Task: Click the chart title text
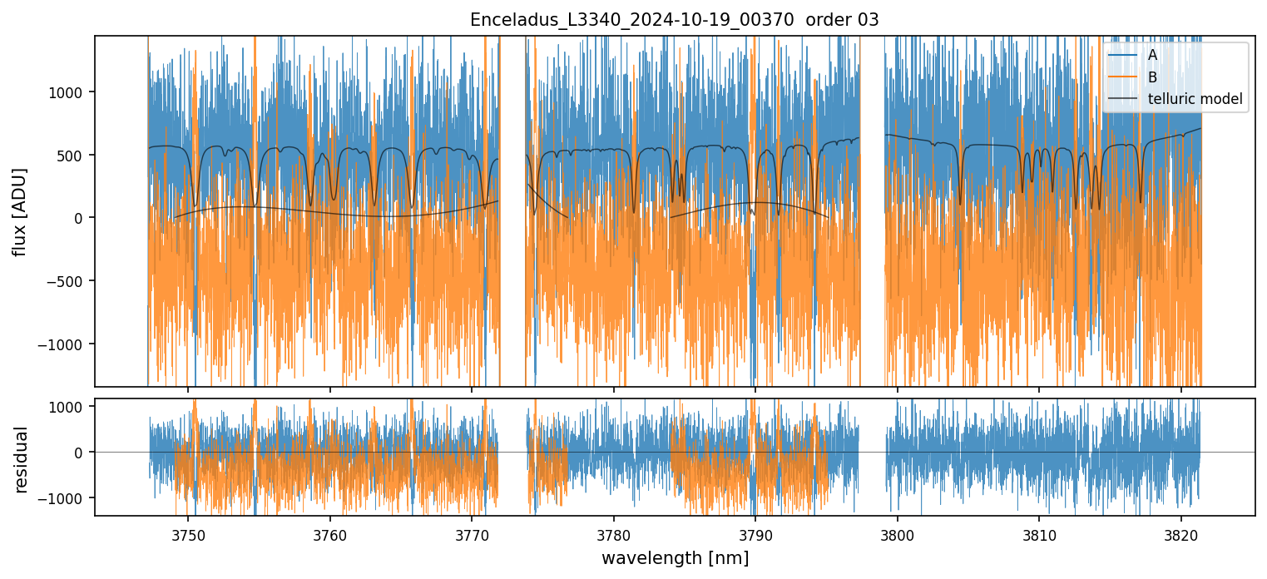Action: (674, 20)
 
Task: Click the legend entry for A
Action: (1152, 55)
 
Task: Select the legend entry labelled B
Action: (1152, 77)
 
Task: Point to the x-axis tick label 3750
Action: (188, 532)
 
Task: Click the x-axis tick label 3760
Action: (330, 532)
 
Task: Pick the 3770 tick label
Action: (472, 532)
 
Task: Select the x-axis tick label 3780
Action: (614, 532)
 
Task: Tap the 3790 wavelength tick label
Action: (755, 532)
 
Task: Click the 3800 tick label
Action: (898, 532)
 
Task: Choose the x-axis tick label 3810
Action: (1039, 532)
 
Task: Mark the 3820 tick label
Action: (1181, 532)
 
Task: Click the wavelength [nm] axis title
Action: (675, 557)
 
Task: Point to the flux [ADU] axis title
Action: (19, 211)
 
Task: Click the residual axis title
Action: (21, 459)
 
